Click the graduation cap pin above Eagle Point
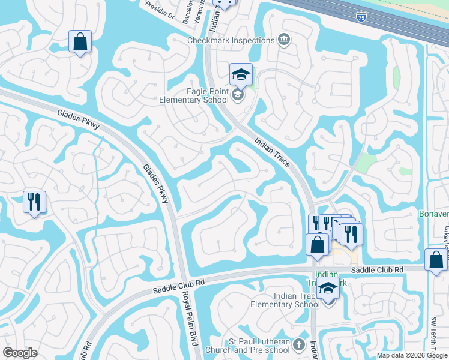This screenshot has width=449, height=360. point(241,75)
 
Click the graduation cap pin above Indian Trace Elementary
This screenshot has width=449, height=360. point(328,289)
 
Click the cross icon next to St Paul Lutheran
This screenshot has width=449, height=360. point(300,345)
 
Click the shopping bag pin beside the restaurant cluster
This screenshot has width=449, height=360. point(317,244)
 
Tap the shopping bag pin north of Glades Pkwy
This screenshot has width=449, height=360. point(80,41)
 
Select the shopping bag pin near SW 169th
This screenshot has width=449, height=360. point(435,260)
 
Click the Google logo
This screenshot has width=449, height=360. point(20,353)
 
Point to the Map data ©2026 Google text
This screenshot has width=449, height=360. point(411,355)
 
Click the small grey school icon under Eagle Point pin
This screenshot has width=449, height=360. point(238,95)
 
